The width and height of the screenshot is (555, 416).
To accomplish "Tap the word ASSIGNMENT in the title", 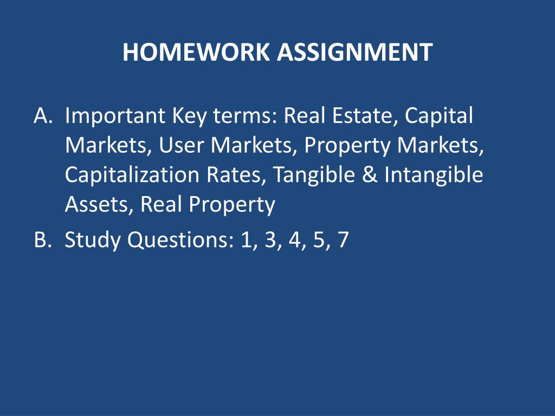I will [354, 52].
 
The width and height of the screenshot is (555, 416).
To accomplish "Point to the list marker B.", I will [42, 239].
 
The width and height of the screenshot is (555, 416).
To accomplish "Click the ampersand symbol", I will [371, 175].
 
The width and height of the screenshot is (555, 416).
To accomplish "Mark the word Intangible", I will [434, 175].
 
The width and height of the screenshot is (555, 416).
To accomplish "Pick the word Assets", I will [98, 205].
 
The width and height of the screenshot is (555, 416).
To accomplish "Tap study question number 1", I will [248, 239].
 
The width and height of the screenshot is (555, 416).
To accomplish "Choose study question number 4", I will [294, 239].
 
